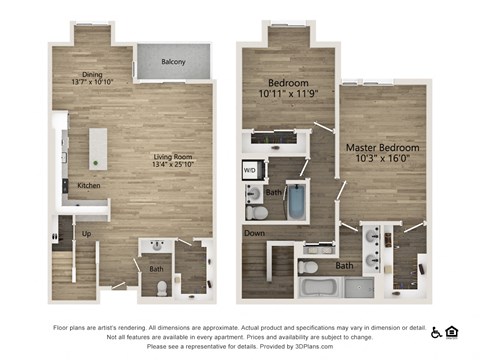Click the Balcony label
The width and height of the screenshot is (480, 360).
tap(173, 62)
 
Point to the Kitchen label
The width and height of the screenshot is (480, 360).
tap(88, 186)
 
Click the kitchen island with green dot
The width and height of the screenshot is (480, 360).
tap(97, 148)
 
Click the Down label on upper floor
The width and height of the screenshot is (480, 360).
tap(254, 232)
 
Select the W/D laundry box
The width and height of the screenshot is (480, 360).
tap(249, 169)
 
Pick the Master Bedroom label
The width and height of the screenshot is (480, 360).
tap(382, 148)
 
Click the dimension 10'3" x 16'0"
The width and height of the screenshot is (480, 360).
tap(382, 159)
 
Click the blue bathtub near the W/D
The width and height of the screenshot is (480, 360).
tap(296, 199)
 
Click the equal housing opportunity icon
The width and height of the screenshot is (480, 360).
tap(452, 331)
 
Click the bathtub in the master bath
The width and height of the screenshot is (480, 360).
tap(320, 288)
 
